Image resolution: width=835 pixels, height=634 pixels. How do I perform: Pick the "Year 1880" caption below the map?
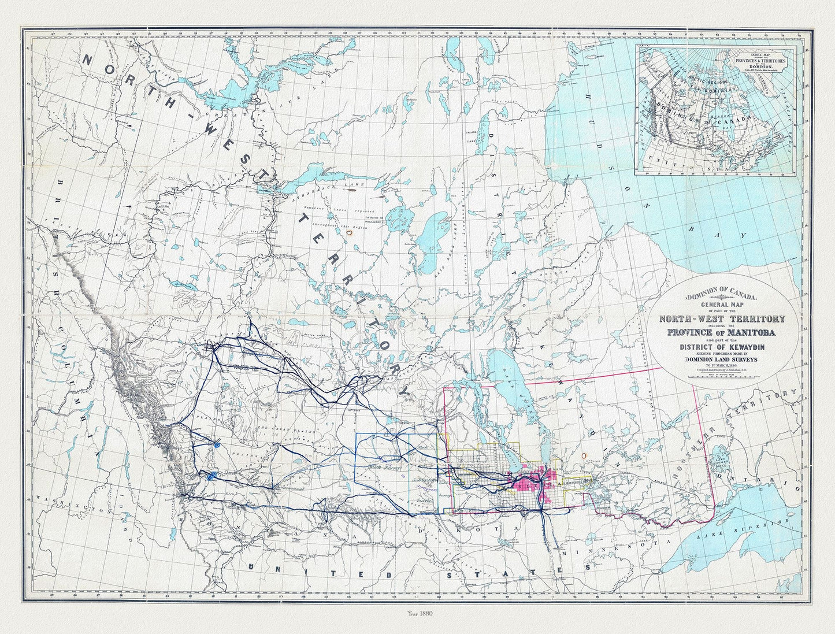click(417, 614)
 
